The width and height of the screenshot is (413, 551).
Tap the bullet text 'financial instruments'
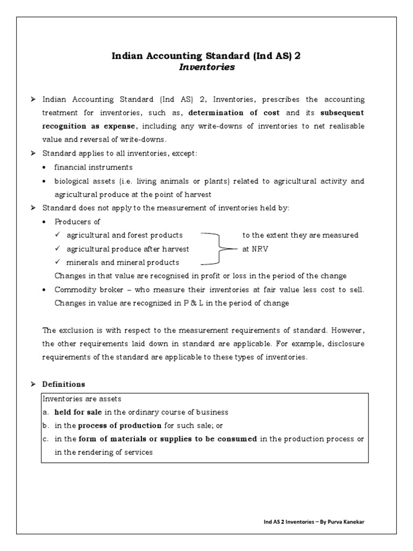(x=94, y=167)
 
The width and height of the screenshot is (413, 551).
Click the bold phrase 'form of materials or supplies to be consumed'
(x=167, y=439)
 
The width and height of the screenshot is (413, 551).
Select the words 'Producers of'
(x=77, y=222)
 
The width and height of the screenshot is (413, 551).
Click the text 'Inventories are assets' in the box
(x=82, y=399)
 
